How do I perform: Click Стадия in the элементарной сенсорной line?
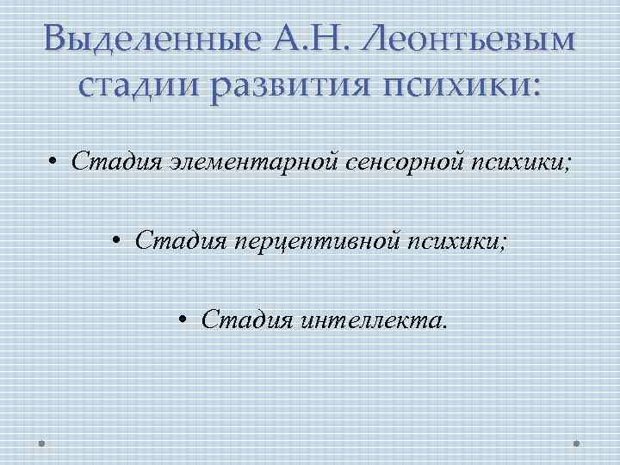[108, 160]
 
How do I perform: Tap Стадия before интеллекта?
[239, 321]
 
